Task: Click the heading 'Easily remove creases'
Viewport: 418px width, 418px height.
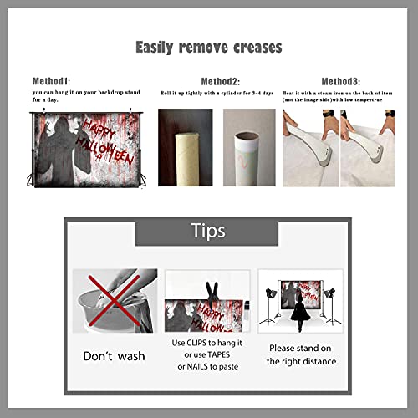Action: coord(208,48)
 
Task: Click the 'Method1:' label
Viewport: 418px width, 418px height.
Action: coord(51,81)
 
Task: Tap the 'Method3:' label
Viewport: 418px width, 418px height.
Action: coord(341,81)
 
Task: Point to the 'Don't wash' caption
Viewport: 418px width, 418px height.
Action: coord(114,356)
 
